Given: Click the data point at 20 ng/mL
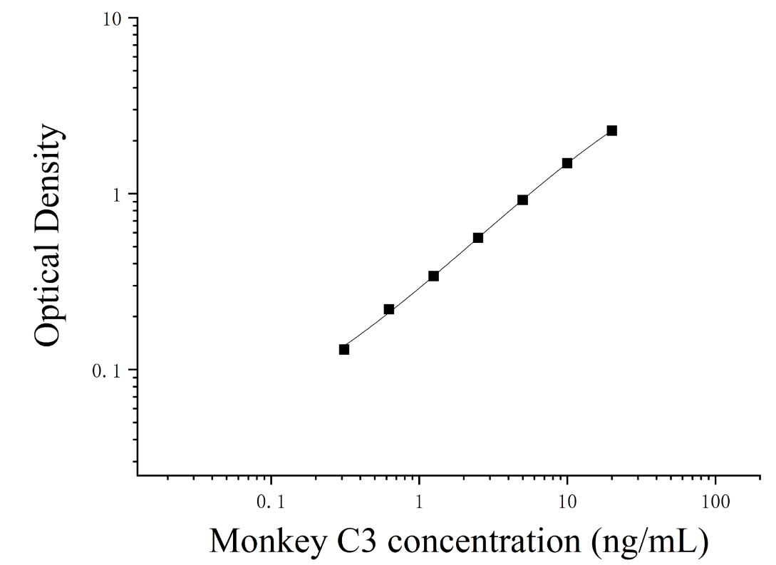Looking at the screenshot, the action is point(611,130).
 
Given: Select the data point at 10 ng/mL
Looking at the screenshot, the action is point(567,163).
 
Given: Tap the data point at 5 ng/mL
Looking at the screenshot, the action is point(522,200).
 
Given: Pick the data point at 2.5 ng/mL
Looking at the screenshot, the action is point(478,238).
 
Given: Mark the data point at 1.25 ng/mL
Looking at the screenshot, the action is point(433,276).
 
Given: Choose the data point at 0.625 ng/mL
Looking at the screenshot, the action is point(389,310).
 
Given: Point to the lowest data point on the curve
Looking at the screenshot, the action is point(344,350).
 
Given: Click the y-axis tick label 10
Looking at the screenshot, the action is point(112,19).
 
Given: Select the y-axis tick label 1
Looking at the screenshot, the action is point(118,195).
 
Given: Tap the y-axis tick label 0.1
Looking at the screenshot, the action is point(106,371).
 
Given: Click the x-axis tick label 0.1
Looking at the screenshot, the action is point(271,502).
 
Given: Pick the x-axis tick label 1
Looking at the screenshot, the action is point(419,502).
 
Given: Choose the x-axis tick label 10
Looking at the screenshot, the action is point(567,502).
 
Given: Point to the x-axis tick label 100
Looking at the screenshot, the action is point(715,502).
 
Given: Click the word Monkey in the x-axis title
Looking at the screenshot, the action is point(268,541).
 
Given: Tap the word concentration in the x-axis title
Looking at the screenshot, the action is point(484,541).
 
